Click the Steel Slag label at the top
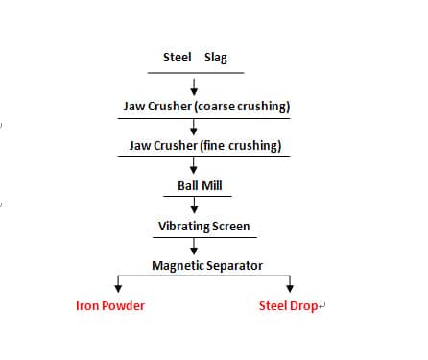point(196,57)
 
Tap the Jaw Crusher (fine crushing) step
point(205,146)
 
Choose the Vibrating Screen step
point(203,227)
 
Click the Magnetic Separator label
point(207,265)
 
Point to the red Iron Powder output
point(110,306)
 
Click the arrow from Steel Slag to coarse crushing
point(195,85)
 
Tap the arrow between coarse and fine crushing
point(195,127)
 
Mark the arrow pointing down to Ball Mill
point(195,166)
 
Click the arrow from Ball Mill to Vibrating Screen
point(195,205)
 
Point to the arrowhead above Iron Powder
point(118,286)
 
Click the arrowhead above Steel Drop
point(291,286)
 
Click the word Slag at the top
point(216,57)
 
